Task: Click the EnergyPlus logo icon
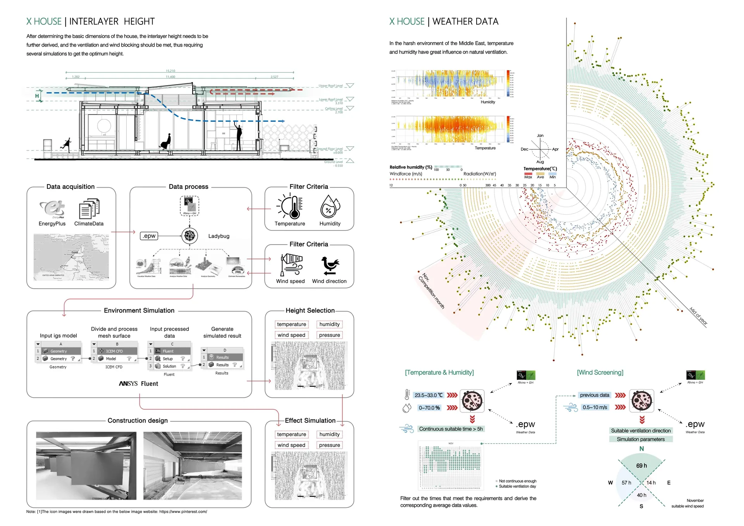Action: (x=52, y=209)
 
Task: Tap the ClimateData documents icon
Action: (x=89, y=209)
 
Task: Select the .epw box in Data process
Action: (x=149, y=236)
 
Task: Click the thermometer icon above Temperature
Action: (x=291, y=207)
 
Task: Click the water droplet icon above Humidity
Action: (x=330, y=207)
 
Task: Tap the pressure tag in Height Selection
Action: (x=329, y=335)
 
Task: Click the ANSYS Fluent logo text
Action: (x=138, y=383)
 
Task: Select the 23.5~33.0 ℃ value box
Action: (x=429, y=395)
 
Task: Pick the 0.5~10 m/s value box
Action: (x=595, y=407)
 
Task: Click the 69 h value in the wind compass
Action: (x=641, y=466)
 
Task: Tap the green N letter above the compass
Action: (x=642, y=448)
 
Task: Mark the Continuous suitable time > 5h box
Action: (x=451, y=429)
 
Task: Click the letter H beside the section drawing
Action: (x=37, y=96)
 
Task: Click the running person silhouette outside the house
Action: (x=67, y=144)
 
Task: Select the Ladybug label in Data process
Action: (x=219, y=236)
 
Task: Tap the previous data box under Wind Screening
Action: (x=594, y=395)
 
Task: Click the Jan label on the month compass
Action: (x=540, y=136)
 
